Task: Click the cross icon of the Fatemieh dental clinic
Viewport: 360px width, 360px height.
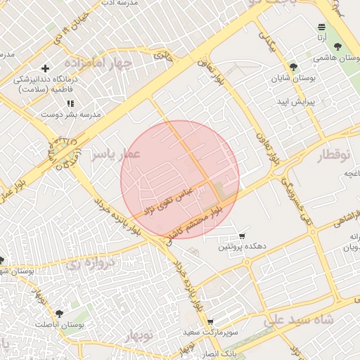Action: point(46,69)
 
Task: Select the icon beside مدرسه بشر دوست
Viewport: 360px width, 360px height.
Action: point(70,104)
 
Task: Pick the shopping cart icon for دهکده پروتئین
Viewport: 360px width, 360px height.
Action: point(242,236)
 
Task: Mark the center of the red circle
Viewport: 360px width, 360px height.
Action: point(180,180)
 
